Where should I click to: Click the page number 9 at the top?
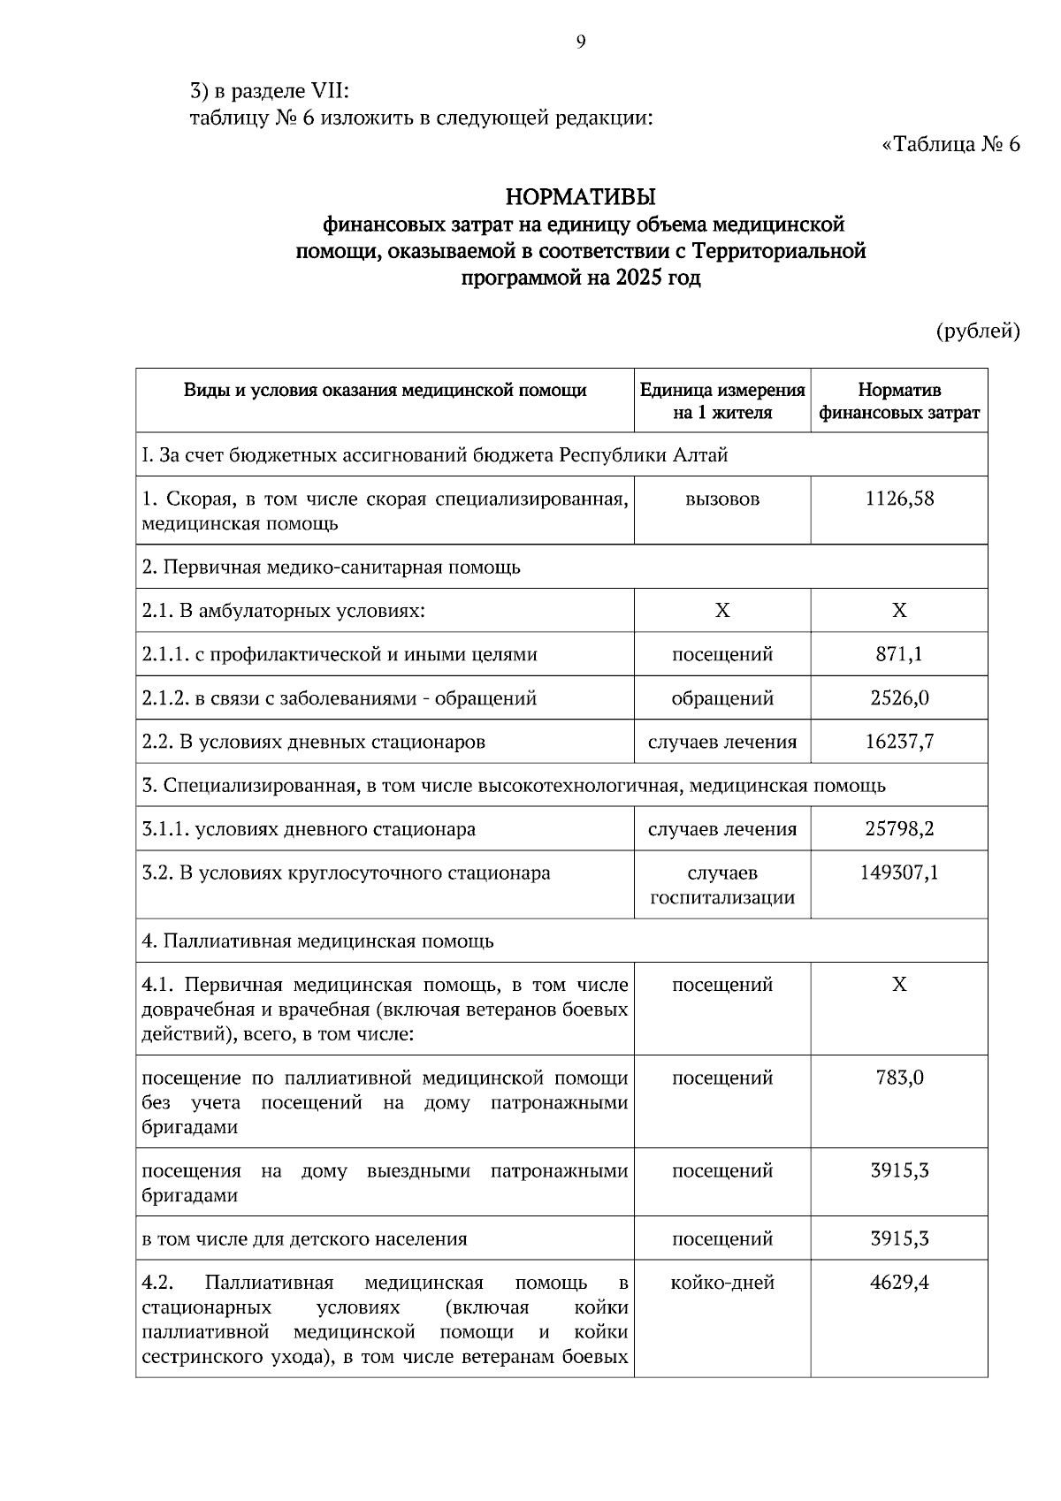[x=580, y=42]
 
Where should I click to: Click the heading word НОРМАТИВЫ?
[x=580, y=195]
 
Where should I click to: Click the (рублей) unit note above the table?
[x=978, y=331]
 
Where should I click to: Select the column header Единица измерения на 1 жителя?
[x=722, y=401]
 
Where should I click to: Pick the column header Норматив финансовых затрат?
[x=899, y=401]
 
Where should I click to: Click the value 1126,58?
[x=899, y=499]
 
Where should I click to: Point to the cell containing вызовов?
[x=722, y=499]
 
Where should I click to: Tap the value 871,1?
[x=899, y=655]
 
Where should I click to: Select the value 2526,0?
[x=899, y=698]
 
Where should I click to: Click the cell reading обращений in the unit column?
[x=722, y=698]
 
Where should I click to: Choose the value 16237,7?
[x=899, y=742]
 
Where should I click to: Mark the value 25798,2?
[x=899, y=829]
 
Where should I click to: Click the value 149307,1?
[x=899, y=873]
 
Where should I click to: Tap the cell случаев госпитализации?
[x=722, y=886]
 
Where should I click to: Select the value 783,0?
[x=899, y=1078]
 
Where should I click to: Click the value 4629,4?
[x=899, y=1283]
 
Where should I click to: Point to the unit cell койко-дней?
[x=722, y=1283]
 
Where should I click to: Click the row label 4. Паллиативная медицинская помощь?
[x=317, y=941]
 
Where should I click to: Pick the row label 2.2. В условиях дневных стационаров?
[x=314, y=742]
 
